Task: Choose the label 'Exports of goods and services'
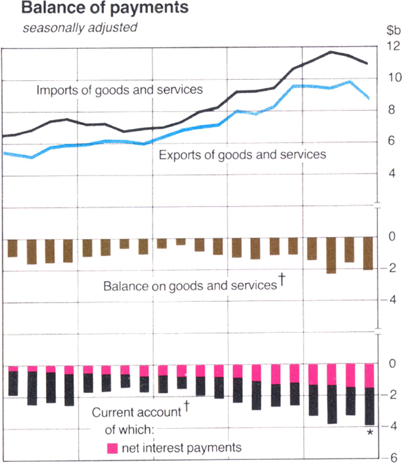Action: click(x=242, y=155)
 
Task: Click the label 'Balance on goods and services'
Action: click(x=190, y=286)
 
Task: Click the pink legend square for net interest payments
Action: click(x=113, y=447)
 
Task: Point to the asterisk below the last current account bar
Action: click(x=370, y=434)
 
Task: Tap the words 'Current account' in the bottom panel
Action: click(x=136, y=412)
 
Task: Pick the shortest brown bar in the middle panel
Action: click(x=181, y=242)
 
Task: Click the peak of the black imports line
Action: click(x=331, y=52)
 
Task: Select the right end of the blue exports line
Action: click(x=368, y=99)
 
